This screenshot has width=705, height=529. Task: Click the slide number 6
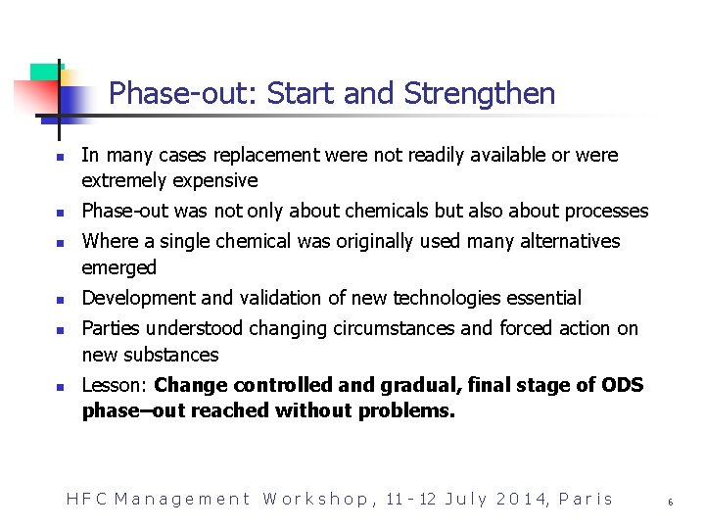coord(671,502)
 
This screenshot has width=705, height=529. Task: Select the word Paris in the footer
coord(586,500)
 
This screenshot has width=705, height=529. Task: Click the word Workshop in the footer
coord(315,500)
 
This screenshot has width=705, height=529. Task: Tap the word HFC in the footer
coord(85,500)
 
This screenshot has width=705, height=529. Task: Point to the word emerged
coord(119,267)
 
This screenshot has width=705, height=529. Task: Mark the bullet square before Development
coord(60,299)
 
